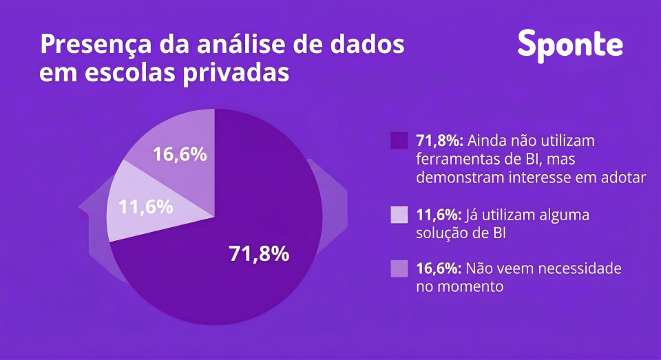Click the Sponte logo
[570, 44]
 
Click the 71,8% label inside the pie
[258, 254]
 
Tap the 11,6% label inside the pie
[145, 206]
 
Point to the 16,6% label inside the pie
[180, 154]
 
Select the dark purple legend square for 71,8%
[399, 140]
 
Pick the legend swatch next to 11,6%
[399, 215]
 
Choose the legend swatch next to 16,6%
[399, 268]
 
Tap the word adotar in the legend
[623, 177]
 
